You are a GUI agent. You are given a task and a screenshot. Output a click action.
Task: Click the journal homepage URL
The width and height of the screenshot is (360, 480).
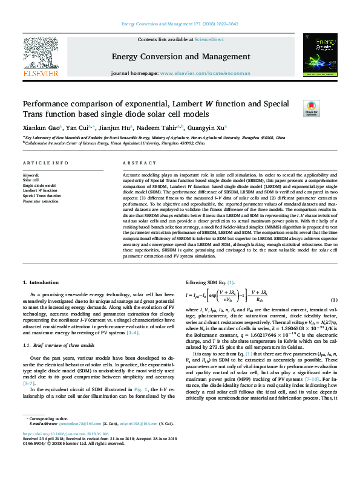click(205, 73)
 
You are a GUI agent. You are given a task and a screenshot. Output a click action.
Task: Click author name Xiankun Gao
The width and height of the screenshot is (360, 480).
click(39, 128)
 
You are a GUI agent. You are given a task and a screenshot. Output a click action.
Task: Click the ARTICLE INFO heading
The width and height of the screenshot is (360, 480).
click(42, 163)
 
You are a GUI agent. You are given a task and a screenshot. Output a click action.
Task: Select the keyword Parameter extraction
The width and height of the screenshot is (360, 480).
click(41, 201)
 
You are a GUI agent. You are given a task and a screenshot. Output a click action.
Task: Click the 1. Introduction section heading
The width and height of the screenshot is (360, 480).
click(41, 283)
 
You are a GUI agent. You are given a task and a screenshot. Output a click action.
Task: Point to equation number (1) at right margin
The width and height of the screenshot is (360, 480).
click(333, 300)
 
